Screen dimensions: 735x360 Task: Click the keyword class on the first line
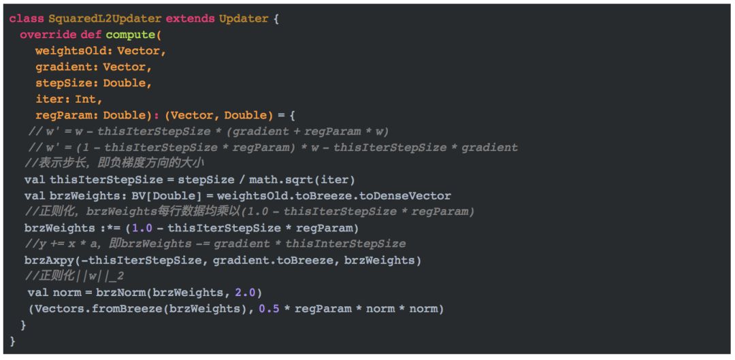(26, 18)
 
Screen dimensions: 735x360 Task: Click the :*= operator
(110, 228)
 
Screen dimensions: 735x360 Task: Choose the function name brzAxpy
(49, 260)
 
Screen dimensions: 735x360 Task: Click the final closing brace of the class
(12, 341)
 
